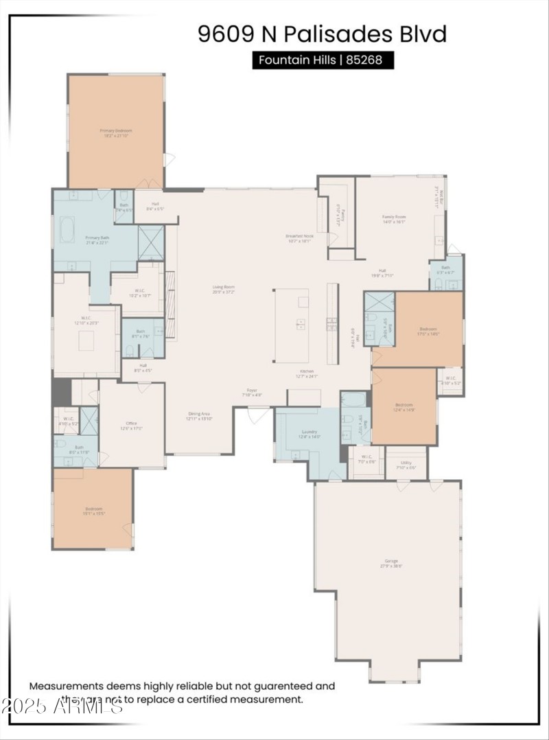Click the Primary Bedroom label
[x=115, y=132]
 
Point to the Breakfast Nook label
[x=299, y=238]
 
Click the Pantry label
[x=337, y=217]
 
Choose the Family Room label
[x=394, y=219]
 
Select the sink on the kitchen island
[x=301, y=325]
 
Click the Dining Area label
[x=199, y=415]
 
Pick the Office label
[x=132, y=426]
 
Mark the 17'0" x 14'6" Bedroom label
[x=428, y=332]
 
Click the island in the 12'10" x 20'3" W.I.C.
[x=86, y=340]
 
